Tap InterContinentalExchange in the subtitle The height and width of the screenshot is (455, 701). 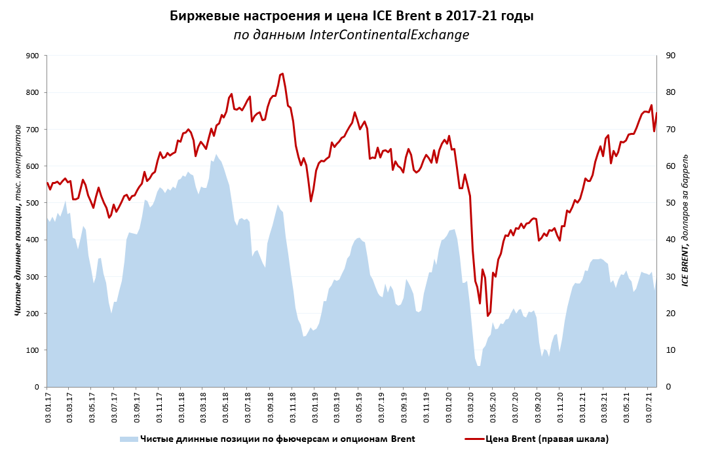[389, 35]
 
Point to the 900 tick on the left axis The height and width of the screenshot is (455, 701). [31, 56]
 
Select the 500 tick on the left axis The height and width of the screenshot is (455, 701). [31, 203]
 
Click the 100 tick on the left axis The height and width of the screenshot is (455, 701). [31, 350]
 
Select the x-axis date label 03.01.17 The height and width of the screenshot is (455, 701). [47, 407]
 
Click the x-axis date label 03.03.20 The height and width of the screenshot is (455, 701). [472, 407]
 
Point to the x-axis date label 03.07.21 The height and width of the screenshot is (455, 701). [650, 407]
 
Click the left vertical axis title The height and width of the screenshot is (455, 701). [18, 220]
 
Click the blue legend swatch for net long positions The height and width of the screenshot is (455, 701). [128, 439]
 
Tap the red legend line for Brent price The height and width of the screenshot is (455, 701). [474, 439]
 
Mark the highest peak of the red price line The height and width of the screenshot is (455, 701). [282, 73]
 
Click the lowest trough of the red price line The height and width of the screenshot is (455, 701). [488, 316]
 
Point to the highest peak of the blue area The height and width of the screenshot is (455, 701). [216, 155]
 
